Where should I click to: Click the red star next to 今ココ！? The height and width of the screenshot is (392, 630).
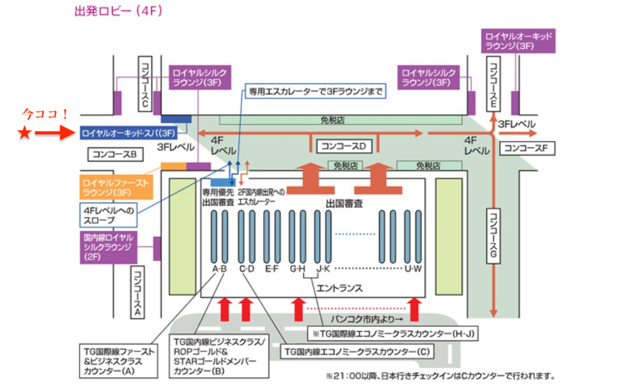click(24, 133)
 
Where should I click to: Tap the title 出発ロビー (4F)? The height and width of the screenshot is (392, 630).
click(118, 11)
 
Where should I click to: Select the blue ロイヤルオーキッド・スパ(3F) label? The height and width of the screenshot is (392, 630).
click(128, 133)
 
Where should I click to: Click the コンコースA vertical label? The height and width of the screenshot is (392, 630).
click(138, 291)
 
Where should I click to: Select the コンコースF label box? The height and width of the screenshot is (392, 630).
click(527, 148)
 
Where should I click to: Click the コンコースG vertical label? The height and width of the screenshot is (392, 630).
click(493, 236)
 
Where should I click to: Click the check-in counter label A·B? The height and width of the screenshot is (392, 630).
click(219, 269)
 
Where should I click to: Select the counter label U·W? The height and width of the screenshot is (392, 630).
click(413, 269)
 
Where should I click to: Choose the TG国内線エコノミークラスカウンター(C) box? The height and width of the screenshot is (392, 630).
click(357, 352)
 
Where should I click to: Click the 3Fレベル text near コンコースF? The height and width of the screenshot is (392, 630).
click(517, 125)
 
